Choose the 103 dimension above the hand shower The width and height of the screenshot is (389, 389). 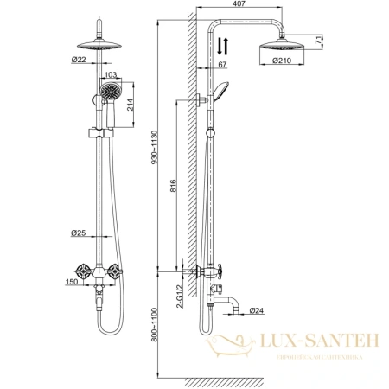(110, 75)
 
